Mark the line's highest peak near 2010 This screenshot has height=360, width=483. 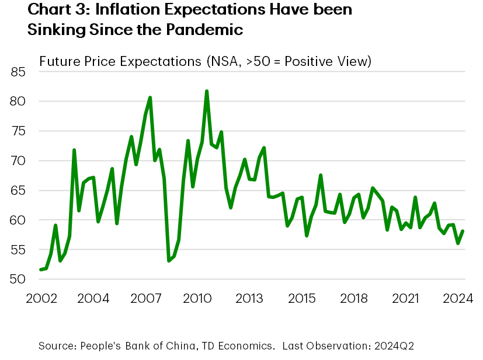point(207,91)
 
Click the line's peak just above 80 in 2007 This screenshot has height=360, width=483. point(150,97)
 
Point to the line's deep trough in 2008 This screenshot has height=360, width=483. point(169,261)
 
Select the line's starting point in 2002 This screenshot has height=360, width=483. point(40,270)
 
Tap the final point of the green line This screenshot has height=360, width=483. point(463,231)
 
